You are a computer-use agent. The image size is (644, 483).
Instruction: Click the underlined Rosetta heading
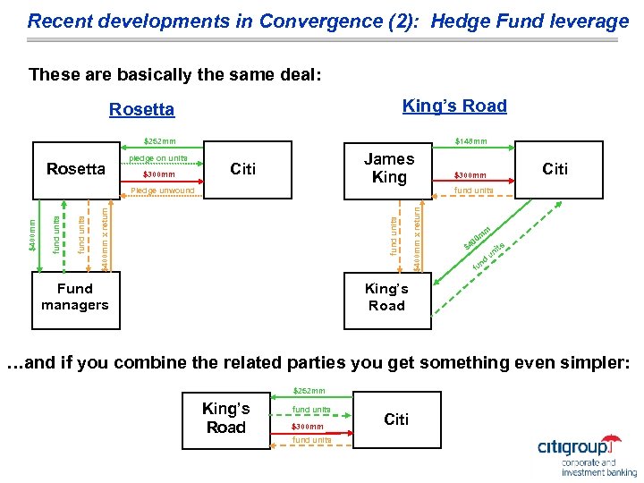[x=141, y=110]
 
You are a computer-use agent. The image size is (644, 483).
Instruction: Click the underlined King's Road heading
[x=454, y=106]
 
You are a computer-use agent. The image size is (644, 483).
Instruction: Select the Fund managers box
[x=74, y=297]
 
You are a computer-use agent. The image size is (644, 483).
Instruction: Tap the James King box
[x=389, y=168]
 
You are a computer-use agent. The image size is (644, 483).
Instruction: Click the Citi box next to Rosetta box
[x=243, y=168]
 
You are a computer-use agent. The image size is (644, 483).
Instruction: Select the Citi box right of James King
[x=555, y=168]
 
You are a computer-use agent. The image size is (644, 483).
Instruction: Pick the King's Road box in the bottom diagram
[x=225, y=418]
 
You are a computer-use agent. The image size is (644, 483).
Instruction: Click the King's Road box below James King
[x=386, y=297]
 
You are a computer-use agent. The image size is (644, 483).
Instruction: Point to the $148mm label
[x=470, y=140]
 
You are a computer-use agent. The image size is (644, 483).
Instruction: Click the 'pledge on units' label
[x=158, y=158]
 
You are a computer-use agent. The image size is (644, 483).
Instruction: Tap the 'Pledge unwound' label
[x=162, y=191]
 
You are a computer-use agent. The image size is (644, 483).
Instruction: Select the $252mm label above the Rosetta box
[x=160, y=140]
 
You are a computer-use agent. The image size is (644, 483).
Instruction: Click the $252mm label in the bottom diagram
[x=310, y=391]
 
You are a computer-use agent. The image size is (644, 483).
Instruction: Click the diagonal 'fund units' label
[x=489, y=255]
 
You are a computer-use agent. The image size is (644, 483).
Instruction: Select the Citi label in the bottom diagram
[x=396, y=419]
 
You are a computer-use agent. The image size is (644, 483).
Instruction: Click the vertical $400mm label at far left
[x=32, y=235]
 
